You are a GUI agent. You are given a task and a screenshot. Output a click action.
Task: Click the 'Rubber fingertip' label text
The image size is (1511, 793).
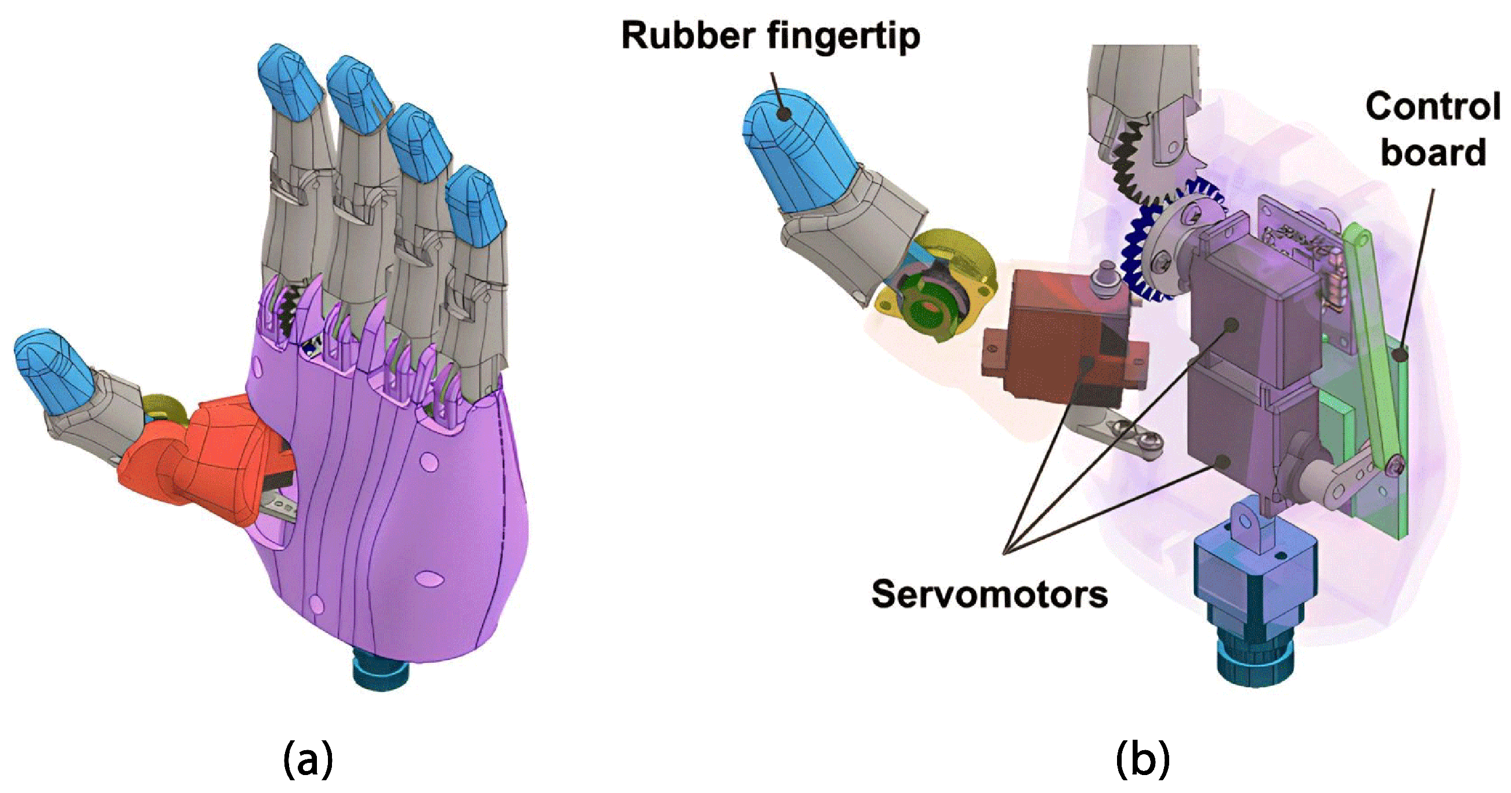pos(770,36)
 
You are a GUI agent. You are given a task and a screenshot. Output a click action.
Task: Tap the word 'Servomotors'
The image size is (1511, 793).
pos(990,594)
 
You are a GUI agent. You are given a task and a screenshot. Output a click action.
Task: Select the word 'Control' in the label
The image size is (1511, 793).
pos(1432,107)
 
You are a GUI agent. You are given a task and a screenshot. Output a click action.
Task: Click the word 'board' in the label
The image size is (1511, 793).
pos(1433,152)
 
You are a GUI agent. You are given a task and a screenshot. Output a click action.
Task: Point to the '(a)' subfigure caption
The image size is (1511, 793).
pos(308,758)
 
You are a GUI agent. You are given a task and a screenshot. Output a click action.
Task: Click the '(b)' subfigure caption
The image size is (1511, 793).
pos(1143,758)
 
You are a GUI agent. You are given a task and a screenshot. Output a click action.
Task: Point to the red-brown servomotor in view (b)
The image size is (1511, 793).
pos(1050,334)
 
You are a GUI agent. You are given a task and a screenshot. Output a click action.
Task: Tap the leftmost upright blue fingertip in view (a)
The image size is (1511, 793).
pos(290,82)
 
